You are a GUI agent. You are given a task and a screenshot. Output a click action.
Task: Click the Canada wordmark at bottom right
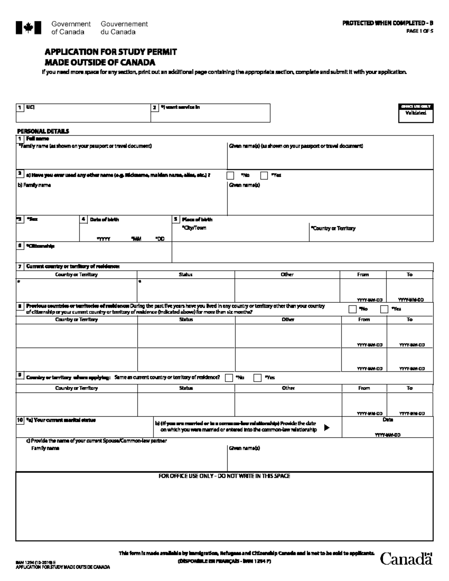(406, 559)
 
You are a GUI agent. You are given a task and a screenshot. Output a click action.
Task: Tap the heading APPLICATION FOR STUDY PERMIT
(111, 52)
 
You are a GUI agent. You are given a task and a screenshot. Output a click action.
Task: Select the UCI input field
(83, 115)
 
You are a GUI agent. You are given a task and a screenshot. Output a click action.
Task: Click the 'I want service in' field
(210, 115)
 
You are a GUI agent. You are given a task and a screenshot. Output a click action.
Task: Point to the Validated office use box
(416, 113)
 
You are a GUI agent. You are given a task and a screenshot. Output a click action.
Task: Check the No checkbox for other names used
(230, 175)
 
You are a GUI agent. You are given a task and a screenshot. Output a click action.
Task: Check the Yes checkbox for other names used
(264, 175)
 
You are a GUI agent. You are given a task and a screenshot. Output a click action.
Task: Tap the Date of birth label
(104, 220)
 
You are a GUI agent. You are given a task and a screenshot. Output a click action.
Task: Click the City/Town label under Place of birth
(194, 228)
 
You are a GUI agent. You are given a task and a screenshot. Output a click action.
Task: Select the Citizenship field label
(40, 246)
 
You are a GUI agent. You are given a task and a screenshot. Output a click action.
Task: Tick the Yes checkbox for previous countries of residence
(384, 309)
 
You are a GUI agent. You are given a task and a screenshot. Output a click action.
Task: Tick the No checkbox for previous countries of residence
(352, 309)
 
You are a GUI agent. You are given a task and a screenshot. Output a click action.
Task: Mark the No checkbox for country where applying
(229, 378)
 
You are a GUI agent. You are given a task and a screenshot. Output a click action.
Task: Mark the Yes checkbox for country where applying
(257, 378)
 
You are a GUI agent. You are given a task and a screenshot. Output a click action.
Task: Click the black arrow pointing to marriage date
(327, 428)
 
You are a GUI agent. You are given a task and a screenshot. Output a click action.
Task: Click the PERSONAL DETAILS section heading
(43, 131)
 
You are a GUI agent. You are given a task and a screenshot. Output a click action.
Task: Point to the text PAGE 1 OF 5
(420, 31)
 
